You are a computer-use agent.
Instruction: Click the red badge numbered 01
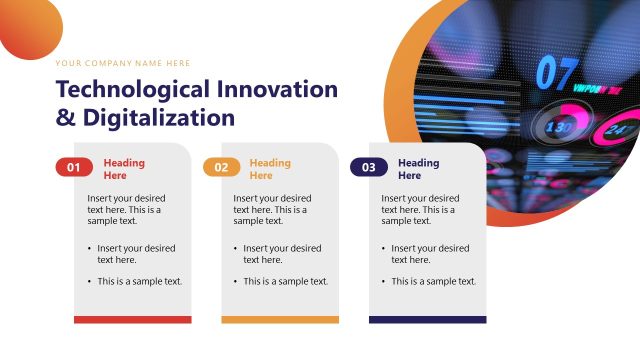point(74,168)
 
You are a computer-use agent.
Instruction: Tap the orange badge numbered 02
point(221,168)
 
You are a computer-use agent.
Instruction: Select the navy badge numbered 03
point(368,168)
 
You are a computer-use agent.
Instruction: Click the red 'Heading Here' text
point(124,169)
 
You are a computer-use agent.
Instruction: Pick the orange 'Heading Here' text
point(270,169)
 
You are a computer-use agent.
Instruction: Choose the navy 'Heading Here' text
point(418,169)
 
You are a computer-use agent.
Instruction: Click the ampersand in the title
point(64,118)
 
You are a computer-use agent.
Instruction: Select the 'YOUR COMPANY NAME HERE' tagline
point(123,63)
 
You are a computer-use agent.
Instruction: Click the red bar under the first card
point(132,320)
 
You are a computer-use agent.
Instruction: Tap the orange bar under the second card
point(279,320)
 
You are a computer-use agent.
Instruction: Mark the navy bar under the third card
point(427,320)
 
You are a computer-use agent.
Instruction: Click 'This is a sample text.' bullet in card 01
point(139,282)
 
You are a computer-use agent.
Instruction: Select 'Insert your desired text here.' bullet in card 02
point(282,254)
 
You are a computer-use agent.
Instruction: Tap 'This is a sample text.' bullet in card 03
point(433,282)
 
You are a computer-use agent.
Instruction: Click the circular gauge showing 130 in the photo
point(557,128)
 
